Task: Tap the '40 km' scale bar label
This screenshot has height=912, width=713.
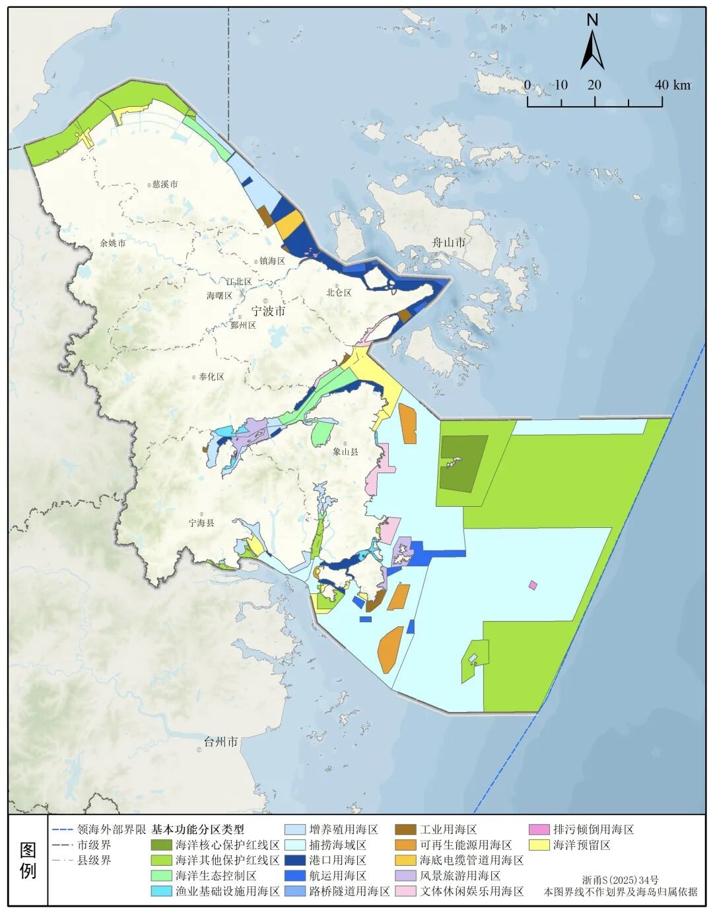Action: click(672, 85)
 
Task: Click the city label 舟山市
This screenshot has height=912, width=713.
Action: click(448, 242)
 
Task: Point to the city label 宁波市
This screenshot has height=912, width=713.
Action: click(268, 311)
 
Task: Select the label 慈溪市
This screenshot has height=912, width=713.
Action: click(164, 185)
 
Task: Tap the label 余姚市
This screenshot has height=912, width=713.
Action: click(112, 243)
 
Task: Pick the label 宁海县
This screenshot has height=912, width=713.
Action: click(201, 522)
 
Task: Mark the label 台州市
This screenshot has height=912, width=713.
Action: click(221, 742)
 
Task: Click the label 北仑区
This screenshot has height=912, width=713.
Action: click(339, 292)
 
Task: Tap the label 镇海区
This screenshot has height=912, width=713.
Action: click(271, 261)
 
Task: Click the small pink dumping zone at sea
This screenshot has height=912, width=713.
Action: click(533, 585)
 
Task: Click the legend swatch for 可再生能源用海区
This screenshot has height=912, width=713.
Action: click(405, 845)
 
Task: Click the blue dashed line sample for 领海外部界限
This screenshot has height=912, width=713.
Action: click(62, 830)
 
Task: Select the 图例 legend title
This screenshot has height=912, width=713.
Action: click(28, 861)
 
